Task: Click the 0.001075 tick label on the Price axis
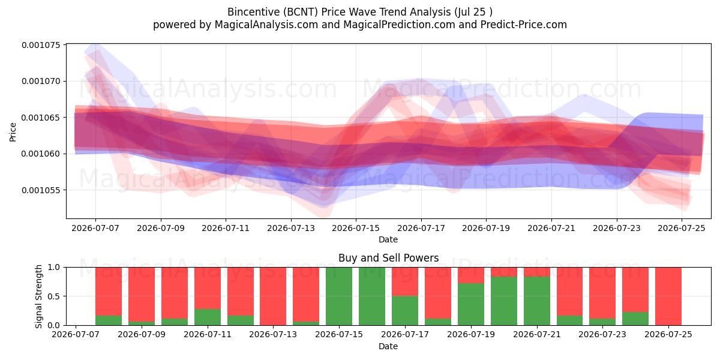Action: coord(41,45)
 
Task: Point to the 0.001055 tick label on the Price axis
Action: coord(41,190)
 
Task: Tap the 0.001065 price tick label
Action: coord(41,118)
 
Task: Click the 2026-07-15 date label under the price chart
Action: coord(356,228)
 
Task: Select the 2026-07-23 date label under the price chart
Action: coord(617,228)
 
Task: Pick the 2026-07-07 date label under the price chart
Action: coord(95,228)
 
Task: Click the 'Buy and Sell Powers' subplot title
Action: coord(388,258)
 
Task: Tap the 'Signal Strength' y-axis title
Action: coord(38,296)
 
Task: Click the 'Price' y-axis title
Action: coord(13,132)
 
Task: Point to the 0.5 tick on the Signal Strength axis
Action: coord(53,296)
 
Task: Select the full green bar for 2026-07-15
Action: coord(339,296)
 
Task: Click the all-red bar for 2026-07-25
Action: coord(668,296)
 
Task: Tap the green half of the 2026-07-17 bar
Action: coord(404,311)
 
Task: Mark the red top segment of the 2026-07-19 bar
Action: coord(470,275)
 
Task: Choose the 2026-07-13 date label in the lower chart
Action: coord(273,334)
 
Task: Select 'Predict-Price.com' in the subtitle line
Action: coord(524,25)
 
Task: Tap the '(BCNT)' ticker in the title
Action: coord(301,12)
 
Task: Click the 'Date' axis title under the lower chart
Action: coord(388,346)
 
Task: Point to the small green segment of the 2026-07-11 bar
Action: coord(208,317)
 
